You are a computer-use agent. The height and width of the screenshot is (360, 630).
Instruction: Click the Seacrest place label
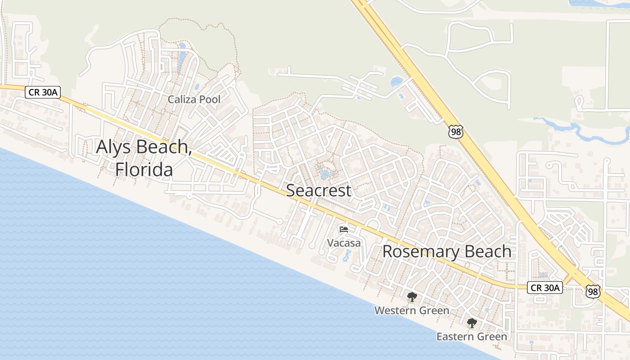(x=319, y=190)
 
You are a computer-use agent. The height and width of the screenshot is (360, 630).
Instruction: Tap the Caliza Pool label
(x=194, y=99)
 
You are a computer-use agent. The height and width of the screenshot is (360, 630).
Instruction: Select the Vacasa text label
(x=344, y=243)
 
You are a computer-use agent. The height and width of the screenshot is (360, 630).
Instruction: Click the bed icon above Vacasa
(x=344, y=229)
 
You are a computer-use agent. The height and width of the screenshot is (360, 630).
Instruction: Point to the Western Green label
(x=412, y=310)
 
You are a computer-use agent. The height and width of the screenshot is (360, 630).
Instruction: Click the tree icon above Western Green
(x=412, y=297)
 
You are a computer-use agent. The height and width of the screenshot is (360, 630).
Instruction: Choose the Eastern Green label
(x=472, y=336)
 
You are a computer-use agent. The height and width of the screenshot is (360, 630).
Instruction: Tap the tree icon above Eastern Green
(x=472, y=323)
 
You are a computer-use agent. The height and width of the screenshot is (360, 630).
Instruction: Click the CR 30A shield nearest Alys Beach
(x=42, y=92)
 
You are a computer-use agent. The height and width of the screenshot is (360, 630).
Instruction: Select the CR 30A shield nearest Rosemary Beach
(x=545, y=288)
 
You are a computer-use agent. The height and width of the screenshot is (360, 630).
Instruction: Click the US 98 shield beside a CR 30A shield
(x=593, y=291)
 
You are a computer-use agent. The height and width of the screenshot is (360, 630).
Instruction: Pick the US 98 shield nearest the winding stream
(x=455, y=132)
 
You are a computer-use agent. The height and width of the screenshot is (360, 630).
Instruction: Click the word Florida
(x=144, y=170)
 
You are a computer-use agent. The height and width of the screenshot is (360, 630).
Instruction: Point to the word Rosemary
(x=421, y=252)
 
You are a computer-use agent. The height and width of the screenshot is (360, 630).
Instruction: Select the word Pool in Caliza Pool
(x=210, y=99)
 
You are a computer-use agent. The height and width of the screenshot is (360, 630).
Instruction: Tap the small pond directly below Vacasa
(x=346, y=256)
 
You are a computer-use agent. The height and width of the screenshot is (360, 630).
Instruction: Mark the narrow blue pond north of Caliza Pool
(x=181, y=58)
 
